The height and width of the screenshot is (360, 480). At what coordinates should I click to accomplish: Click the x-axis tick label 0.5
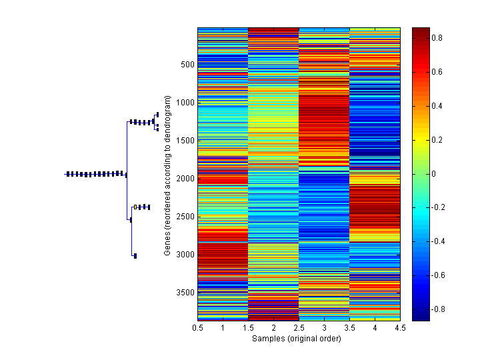[x=197, y=328]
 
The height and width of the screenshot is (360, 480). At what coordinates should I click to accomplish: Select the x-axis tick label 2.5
[x=299, y=328]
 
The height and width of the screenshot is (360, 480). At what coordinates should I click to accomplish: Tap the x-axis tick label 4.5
[x=401, y=328]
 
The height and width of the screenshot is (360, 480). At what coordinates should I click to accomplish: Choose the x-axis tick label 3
[x=324, y=328]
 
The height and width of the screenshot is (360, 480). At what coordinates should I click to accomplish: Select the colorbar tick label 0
[x=435, y=174]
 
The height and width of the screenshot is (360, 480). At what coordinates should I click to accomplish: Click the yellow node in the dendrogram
[x=135, y=207]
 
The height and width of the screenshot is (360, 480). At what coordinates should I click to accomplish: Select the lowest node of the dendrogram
[x=135, y=255]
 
